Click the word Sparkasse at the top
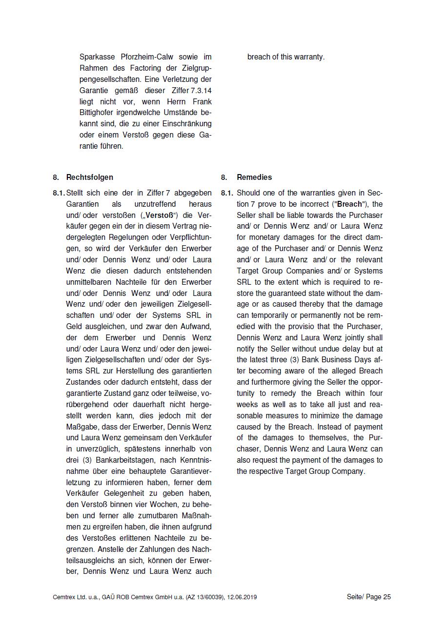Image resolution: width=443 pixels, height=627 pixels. click(x=96, y=57)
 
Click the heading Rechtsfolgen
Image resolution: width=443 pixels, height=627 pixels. click(x=89, y=177)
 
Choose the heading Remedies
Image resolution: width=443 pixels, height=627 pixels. click(x=254, y=177)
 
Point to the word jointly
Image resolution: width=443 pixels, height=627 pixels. click(x=354, y=337)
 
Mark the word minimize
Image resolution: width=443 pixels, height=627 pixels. click(x=328, y=415)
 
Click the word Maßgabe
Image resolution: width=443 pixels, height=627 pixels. click(x=82, y=427)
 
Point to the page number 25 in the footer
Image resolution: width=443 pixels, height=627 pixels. click(x=387, y=597)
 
